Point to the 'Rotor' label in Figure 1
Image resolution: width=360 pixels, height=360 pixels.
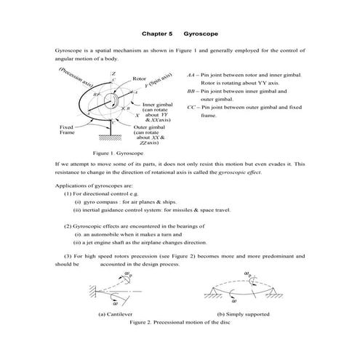[140, 78]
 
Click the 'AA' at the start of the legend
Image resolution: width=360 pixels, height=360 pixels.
[191, 75]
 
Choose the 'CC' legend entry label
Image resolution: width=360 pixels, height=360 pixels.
[191, 107]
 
